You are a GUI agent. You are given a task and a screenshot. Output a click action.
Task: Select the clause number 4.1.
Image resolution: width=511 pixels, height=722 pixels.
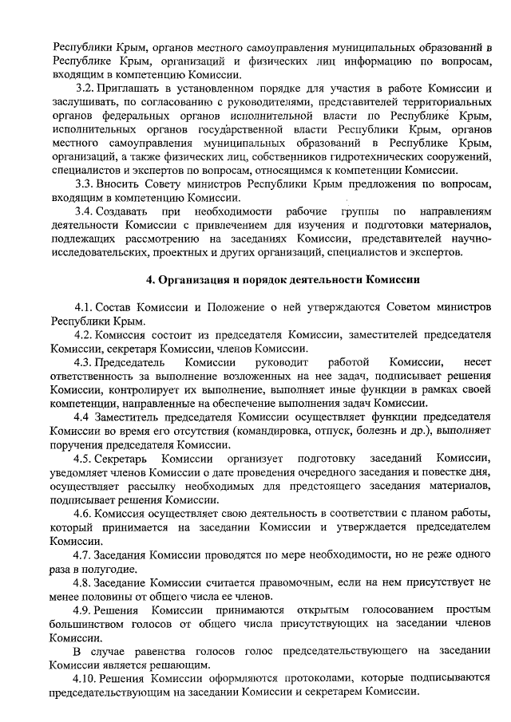[x=85, y=307]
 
